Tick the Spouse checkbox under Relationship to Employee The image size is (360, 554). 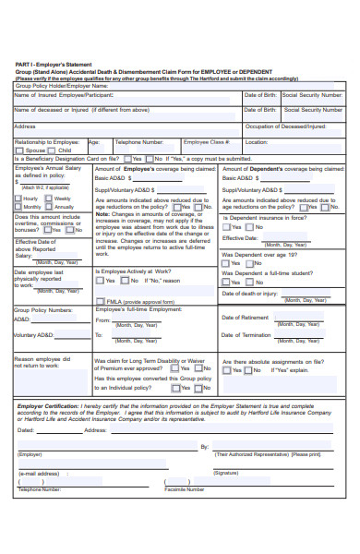point(21,150)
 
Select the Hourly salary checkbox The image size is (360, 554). point(18,199)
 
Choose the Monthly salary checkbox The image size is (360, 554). point(18,207)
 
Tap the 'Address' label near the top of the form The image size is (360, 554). point(25,126)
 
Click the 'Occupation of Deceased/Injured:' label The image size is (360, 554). point(286,126)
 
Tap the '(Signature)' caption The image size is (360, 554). point(225,473)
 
